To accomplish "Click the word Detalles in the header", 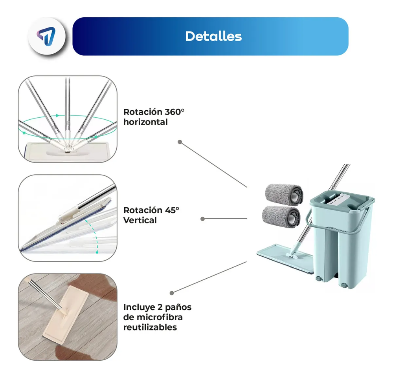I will click(213, 37).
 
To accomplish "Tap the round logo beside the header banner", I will click(46, 37).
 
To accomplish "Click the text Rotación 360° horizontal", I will click(154, 117).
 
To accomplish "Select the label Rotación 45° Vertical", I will click(151, 215).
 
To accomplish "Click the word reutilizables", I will click(150, 327).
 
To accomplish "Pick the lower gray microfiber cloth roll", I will click(281, 216).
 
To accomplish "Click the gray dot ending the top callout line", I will click(180, 142).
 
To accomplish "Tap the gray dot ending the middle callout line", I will click(202, 219).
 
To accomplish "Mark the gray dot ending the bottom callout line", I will click(172, 293).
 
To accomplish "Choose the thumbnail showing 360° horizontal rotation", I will click(68, 119).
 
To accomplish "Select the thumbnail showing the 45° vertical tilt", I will click(68, 218).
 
